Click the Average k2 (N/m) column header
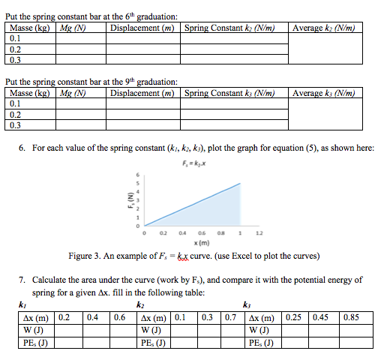point(323,28)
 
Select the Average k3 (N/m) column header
point(323,94)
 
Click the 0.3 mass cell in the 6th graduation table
point(16,59)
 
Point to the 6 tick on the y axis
point(137,175)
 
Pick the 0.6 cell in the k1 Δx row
point(119,318)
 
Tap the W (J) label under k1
point(32,330)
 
